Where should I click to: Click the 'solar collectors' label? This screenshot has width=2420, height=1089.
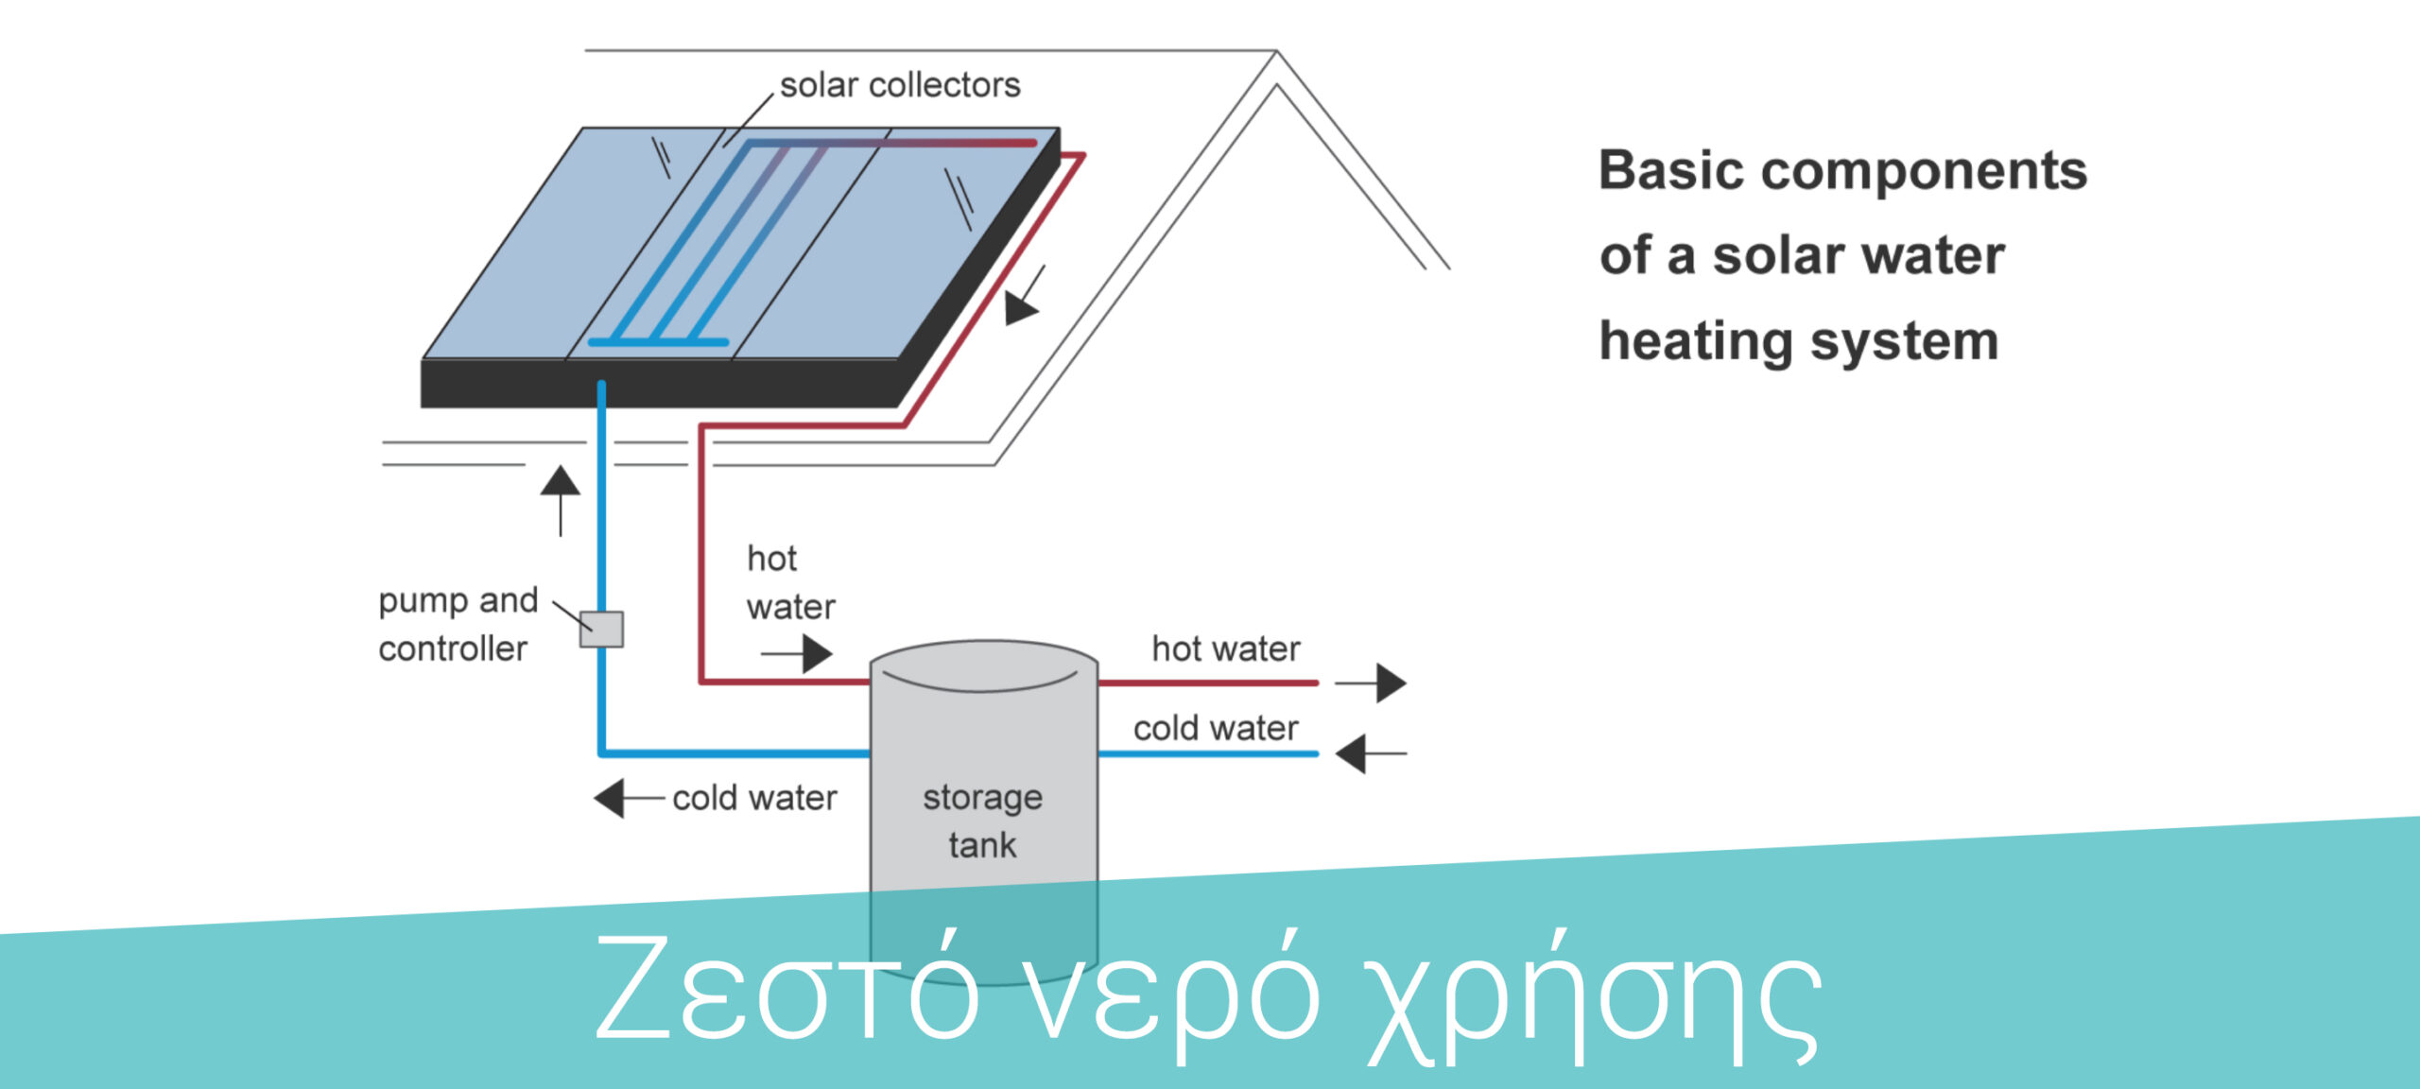[900, 85]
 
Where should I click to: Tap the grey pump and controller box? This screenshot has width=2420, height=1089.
[601, 629]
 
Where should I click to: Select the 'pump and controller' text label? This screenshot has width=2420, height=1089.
[458, 625]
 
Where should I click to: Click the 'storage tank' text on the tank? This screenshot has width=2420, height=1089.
[983, 821]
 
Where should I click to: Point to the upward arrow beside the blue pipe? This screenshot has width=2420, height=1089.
[561, 501]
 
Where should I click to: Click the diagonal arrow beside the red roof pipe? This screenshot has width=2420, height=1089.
[1025, 296]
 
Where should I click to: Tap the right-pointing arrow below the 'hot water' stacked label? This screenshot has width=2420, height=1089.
[797, 653]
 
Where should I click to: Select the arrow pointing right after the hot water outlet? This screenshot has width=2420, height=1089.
[1371, 683]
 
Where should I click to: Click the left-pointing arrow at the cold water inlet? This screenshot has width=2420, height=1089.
[1371, 753]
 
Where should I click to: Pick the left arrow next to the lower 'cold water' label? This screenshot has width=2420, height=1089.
[629, 798]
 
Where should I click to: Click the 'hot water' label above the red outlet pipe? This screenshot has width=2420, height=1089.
[1226, 648]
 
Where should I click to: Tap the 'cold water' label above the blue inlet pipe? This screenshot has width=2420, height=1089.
[1216, 728]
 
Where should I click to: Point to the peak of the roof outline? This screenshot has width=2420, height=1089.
[1277, 52]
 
